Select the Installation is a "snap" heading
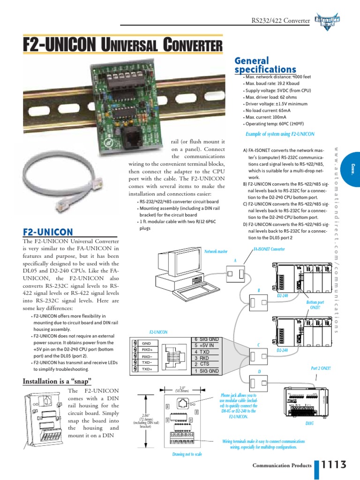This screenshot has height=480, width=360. tap(57, 381)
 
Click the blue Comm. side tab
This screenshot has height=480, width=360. tap(352, 168)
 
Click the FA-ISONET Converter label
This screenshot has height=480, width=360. tap(269, 249)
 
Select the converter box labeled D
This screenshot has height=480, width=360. tap(259, 382)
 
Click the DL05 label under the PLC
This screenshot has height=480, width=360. tap(309, 423)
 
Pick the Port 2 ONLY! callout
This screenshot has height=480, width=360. tap(321, 368)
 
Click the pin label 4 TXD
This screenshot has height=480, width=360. tap(202, 352)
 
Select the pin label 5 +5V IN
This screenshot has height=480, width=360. tap(204, 345)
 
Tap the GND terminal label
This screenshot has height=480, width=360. tap(146, 343)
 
